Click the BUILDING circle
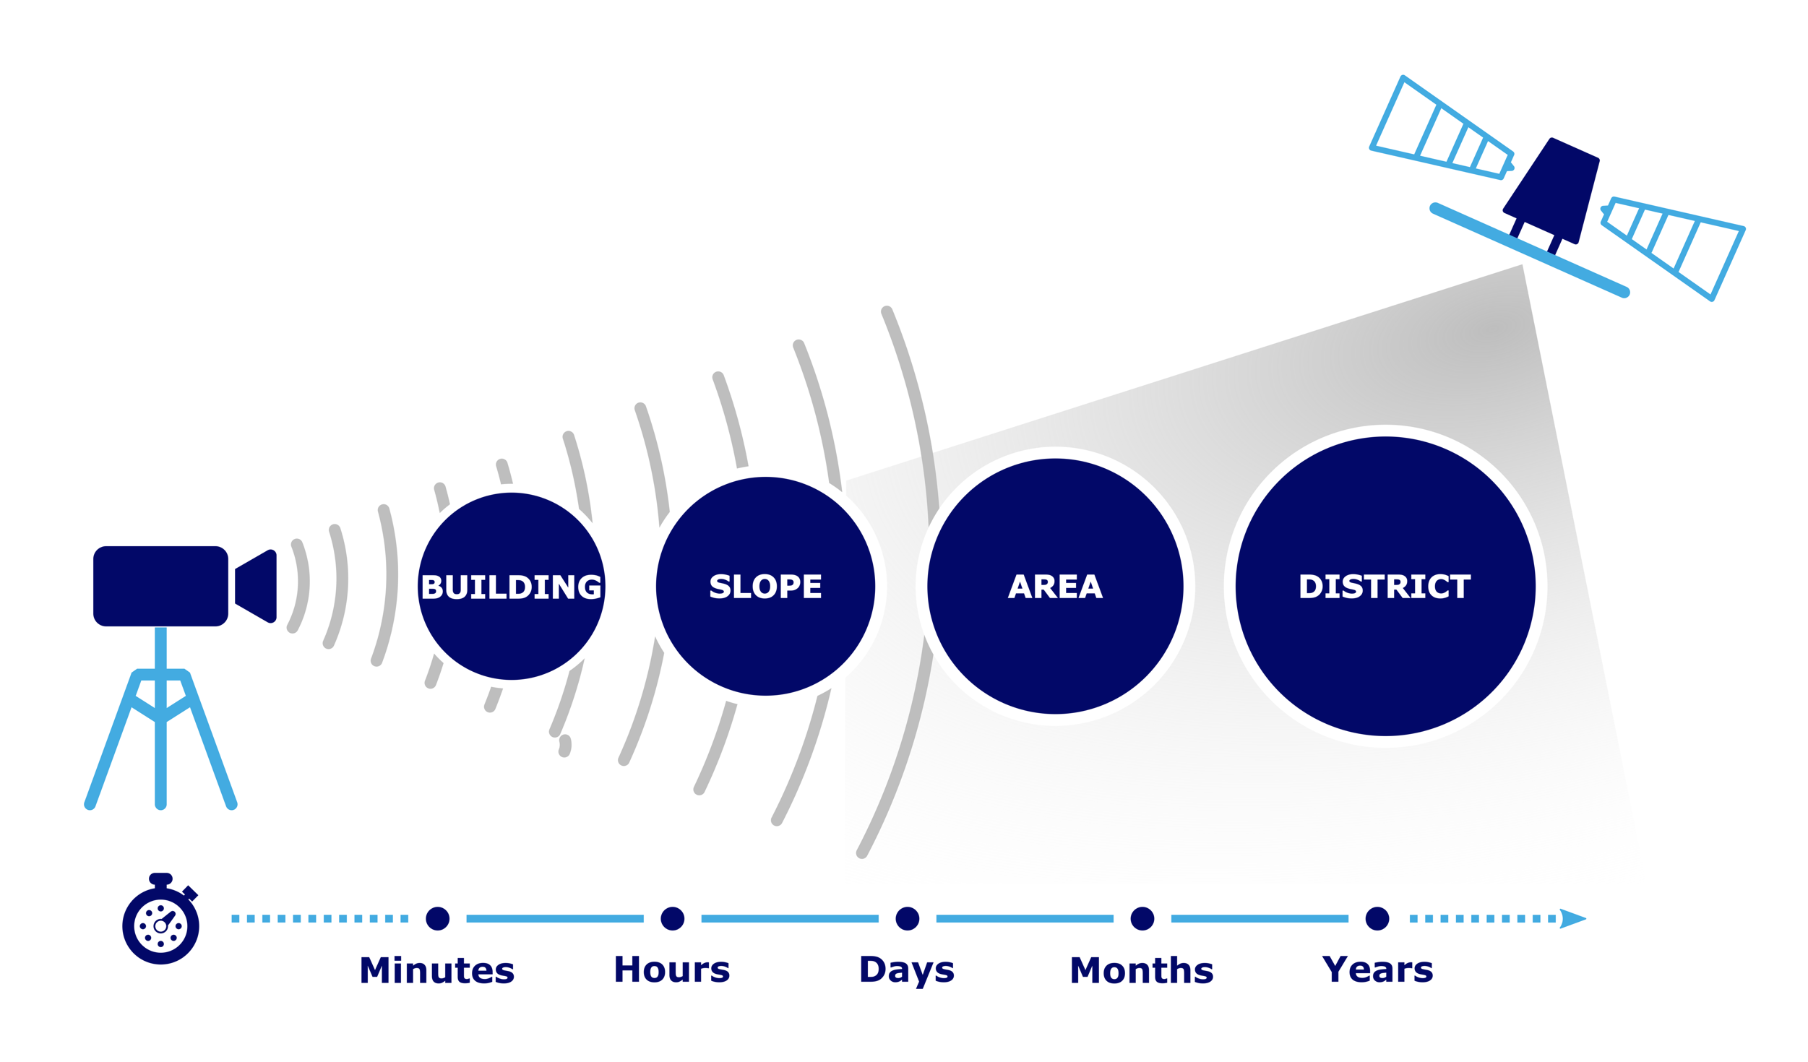(x=511, y=586)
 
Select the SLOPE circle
(x=765, y=586)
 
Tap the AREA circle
(x=1055, y=586)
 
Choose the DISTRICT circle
(x=1385, y=586)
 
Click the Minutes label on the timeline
(x=437, y=970)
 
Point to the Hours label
(x=672, y=970)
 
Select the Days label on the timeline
(x=907, y=972)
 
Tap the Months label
(x=1142, y=970)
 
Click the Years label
(x=1377, y=970)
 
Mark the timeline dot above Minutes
(x=437, y=918)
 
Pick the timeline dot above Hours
(x=672, y=918)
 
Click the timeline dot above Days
(x=907, y=918)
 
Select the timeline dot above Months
(x=1142, y=918)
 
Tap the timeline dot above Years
(x=1377, y=918)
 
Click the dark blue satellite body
(x=1552, y=189)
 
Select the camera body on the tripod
(x=160, y=586)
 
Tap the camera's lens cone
(x=256, y=586)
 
